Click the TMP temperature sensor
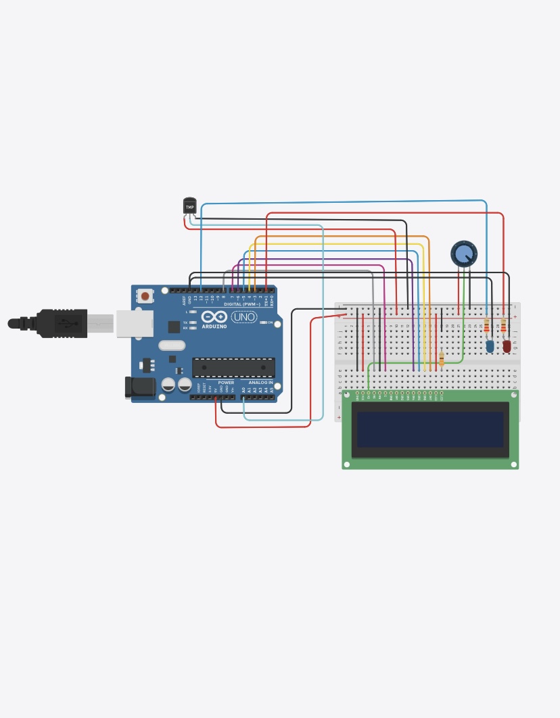[189, 206]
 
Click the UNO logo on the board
[243, 316]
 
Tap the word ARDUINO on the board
[214, 327]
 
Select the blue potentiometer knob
[464, 254]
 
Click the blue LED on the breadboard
[490, 346]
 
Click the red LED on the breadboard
[507, 346]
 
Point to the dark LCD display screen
[430, 429]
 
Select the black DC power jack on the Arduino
[140, 387]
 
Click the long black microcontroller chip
[233, 368]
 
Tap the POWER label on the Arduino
[226, 383]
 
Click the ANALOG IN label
[260, 383]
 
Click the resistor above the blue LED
[486, 327]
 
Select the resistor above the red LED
[503, 327]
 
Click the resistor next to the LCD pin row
[442, 359]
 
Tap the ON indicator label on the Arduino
[270, 322]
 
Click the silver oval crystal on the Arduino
[172, 345]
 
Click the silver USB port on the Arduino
[134, 324]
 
